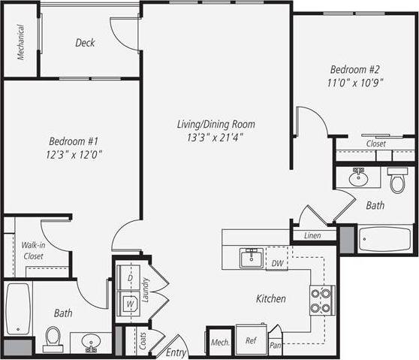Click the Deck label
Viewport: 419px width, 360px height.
85,43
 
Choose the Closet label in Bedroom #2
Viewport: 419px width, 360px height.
375,143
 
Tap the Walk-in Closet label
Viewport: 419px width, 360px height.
32,250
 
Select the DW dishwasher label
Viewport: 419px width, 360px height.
277,263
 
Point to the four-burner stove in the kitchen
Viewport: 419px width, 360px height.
321,300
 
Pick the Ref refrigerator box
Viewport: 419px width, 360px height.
251,340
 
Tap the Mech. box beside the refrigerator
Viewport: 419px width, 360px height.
220,342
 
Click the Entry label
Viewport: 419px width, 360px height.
176,352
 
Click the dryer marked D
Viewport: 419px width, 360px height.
128,278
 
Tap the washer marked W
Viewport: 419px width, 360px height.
128,304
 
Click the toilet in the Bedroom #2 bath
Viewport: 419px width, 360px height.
397,180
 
